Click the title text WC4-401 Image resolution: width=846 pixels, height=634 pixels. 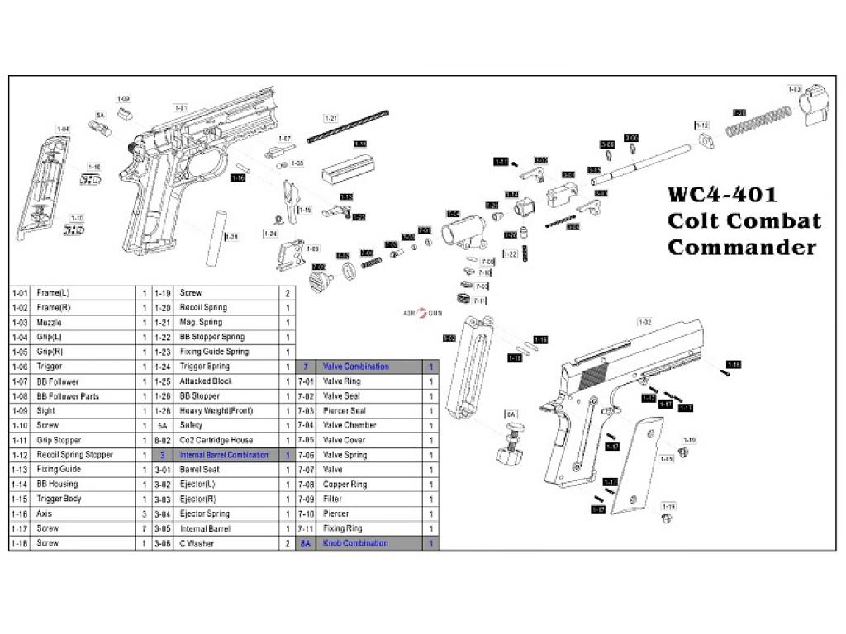pos(722,195)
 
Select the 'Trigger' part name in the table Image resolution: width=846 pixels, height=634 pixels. pos(49,367)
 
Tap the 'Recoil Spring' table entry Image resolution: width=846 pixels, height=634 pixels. pos(203,308)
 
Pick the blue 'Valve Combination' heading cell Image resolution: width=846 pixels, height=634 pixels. pos(355,367)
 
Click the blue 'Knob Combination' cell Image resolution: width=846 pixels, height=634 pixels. pos(355,543)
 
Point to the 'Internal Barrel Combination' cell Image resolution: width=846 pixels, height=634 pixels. pos(224,455)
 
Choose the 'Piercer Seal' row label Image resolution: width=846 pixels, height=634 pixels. pos(345,410)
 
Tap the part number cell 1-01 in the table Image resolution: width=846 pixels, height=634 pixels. pos(20,293)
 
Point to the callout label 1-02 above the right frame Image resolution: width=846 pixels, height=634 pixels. pos(644,321)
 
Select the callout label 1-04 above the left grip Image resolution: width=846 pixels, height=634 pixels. pos(63,129)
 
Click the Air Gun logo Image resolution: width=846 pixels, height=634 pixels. pos(422,314)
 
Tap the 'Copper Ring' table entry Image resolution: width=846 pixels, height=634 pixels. pos(345,485)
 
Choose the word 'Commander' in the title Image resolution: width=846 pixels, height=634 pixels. pos(741,247)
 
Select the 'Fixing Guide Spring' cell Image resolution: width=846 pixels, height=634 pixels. pos(214,352)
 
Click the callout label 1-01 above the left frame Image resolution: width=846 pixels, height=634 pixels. pos(181,107)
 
